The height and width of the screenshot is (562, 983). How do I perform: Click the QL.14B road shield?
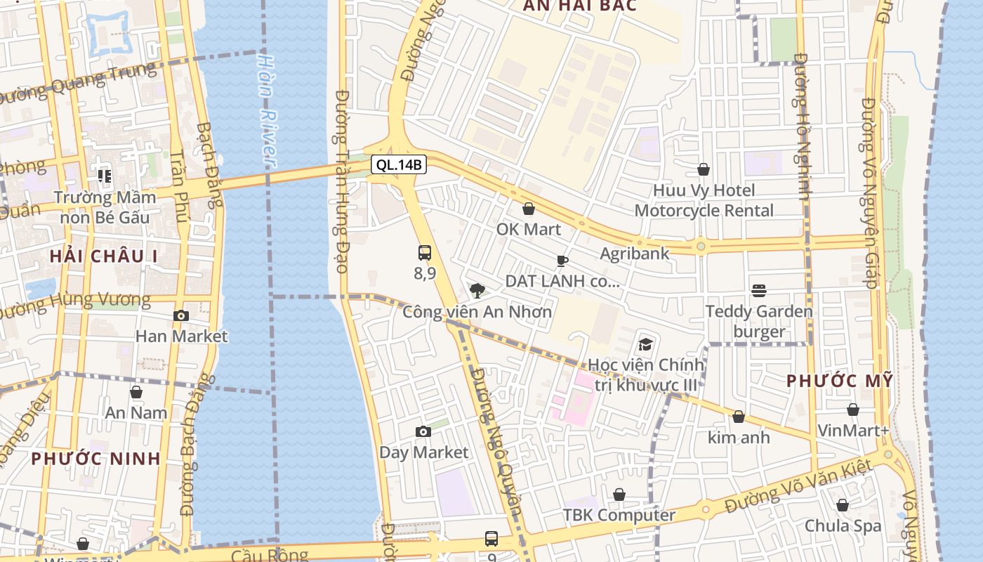[399, 165]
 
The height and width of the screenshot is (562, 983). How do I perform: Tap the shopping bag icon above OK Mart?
[529, 209]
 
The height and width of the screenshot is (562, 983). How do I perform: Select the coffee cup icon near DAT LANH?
[562, 261]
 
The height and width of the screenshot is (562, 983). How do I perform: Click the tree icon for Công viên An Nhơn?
[477, 290]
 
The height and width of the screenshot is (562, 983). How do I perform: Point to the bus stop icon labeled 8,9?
[424, 253]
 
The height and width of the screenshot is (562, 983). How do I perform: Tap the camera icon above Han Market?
[181, 316]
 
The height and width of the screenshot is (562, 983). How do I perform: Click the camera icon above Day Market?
[423, 431]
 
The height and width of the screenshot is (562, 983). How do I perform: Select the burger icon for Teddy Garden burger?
[758, 291]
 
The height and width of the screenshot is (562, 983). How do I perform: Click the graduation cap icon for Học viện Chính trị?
[645, 344]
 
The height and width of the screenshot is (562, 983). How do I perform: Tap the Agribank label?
[635, 254]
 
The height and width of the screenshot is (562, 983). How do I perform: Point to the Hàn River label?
[267, 109]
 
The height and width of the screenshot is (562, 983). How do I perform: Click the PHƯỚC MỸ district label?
[839, 381]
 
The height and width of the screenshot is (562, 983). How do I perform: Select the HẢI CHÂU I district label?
[103, 256]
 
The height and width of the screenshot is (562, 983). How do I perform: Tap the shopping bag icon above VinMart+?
[852, 410]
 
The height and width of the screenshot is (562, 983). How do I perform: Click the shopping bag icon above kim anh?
[738, 417]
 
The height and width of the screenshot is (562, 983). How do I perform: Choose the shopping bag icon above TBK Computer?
[619, 495]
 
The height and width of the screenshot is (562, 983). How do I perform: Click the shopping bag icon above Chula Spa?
[843, 505]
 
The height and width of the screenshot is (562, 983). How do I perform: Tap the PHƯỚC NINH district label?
[95, 459]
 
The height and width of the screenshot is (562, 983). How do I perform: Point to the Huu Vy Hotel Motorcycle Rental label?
[704, 200]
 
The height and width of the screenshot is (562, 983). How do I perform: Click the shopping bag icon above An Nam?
[136, 392]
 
